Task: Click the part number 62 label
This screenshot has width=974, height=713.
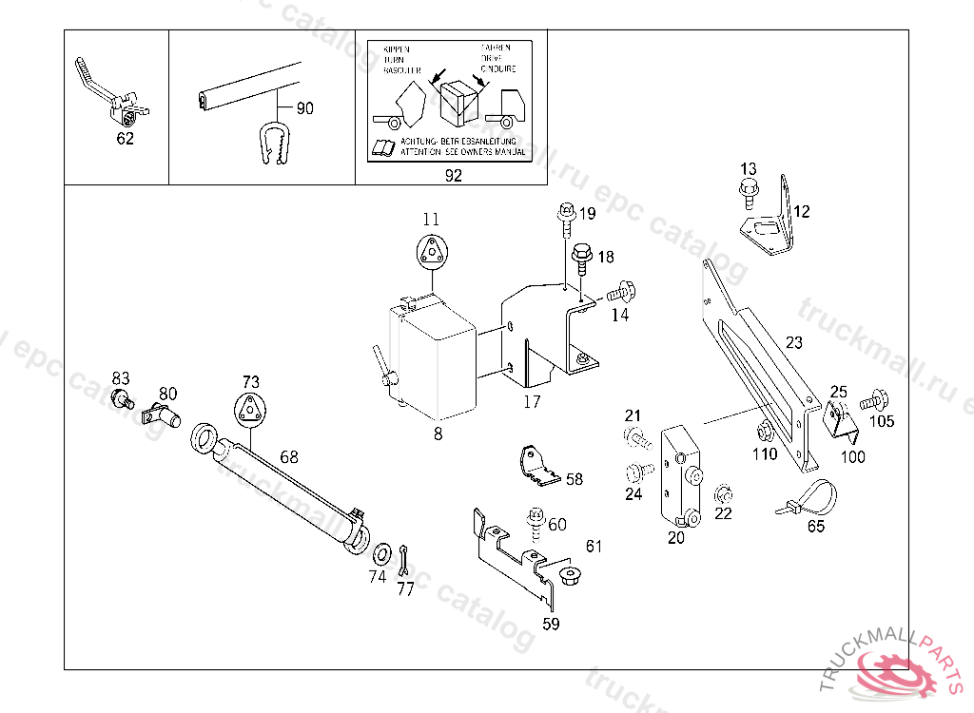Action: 125,139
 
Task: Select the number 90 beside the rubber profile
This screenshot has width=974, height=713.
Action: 304,108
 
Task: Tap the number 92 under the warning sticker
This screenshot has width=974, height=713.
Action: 453,176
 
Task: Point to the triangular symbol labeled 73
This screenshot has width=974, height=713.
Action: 249,411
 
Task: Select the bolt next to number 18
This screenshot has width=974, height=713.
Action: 580,258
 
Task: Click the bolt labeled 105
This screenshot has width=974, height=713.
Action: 870,400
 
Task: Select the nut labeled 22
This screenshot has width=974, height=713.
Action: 722,493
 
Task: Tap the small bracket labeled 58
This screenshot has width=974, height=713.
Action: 536,466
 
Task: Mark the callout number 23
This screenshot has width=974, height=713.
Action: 794,343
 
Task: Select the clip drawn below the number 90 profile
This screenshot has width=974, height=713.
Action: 274,144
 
